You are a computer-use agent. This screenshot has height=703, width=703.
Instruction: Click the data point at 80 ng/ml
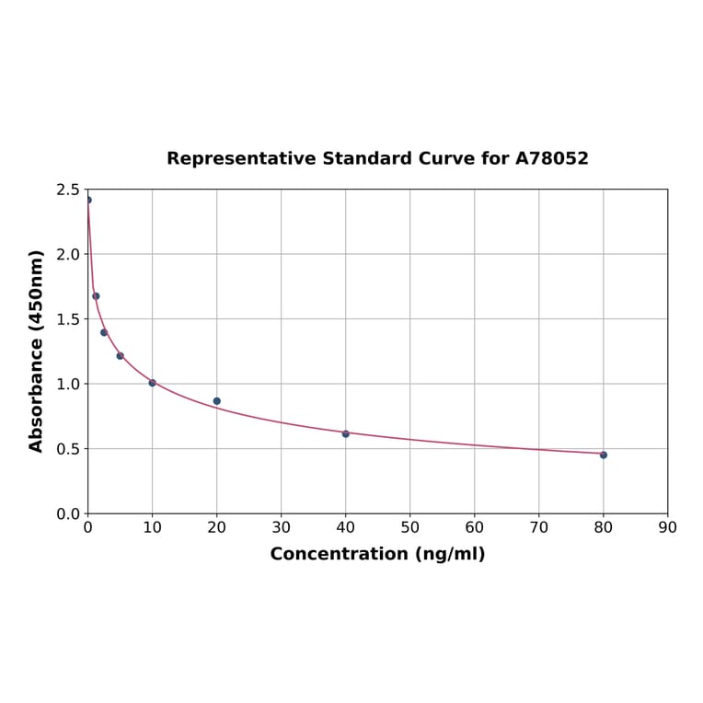[x=604, y=455]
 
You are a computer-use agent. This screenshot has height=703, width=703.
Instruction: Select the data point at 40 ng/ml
[x=346, y=433]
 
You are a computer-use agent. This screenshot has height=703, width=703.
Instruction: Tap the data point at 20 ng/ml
[x=217, y=401]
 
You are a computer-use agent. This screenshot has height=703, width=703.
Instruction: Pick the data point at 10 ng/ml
[x=153, y=383]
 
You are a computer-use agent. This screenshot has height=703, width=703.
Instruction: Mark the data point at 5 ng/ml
[x=120, y=356]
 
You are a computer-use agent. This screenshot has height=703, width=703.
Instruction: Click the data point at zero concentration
[x=88, y=200]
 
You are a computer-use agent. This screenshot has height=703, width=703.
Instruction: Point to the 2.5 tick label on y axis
[x=67, y=190]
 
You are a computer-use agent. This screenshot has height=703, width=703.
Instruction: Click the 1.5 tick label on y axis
[x=67, y=319]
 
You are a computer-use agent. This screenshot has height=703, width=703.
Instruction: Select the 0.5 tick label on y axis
[x=67, y=449]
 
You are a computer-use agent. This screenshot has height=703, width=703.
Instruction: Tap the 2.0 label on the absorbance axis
[x=67, y=254]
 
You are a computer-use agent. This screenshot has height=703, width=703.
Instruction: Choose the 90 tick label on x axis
[x=668, y=528]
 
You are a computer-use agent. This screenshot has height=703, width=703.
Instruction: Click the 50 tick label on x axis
[x=410, y=528]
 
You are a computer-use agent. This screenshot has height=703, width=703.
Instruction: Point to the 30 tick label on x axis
[x=282, y=528]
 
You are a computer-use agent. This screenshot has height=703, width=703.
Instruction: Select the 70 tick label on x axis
[x=539, y=528]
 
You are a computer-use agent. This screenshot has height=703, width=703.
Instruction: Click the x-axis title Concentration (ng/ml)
[x=377, y=554]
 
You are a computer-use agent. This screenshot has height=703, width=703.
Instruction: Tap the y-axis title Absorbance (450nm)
[x=37, y=351]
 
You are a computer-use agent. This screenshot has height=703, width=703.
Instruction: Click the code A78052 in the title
[x=551, y=158]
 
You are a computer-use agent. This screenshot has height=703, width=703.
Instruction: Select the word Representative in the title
[x=241, y=158]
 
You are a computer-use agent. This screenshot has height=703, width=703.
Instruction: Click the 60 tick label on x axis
[x=475, y=528]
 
